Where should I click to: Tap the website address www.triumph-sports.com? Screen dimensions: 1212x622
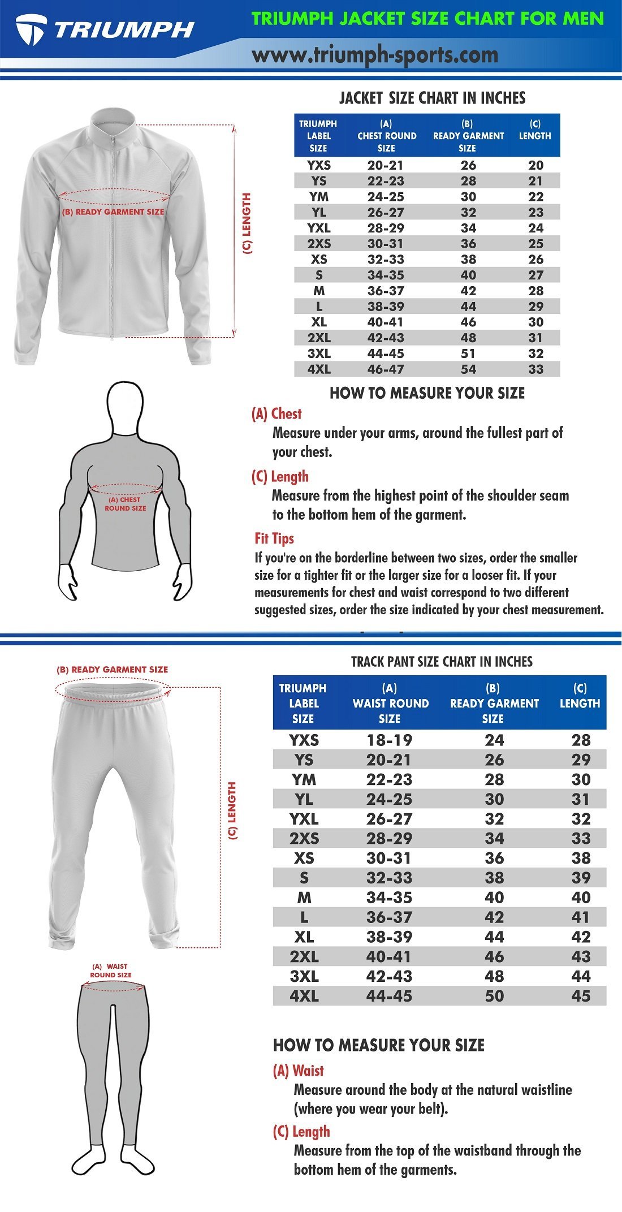tap(375, 55)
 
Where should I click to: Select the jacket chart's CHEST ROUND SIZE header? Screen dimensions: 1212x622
tap(387, 136)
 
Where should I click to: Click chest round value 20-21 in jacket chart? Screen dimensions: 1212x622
tap(385, 165)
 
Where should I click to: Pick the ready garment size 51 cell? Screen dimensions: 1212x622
tap(468, 353)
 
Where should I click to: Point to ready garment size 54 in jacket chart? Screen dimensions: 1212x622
tap(468, 369)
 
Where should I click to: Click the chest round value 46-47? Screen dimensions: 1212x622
tap(385, 369)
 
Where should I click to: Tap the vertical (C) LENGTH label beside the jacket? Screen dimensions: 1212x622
tap(247, 223)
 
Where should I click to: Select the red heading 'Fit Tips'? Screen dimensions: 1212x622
tap(274, 538)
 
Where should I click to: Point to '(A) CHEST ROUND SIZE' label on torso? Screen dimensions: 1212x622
tap(126, 504)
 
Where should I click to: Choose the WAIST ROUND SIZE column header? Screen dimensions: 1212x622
tap(390, 703)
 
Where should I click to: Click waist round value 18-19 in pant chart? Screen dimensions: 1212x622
tap(389, 740)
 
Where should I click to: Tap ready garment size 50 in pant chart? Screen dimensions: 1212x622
tap(494, 996)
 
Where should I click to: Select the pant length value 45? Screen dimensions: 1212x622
tap(580, 996)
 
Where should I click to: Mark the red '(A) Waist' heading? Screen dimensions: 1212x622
tap(298, 1071)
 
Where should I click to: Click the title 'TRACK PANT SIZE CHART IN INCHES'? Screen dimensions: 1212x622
tap(442, 661)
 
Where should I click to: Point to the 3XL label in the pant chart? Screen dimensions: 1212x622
tap(304, 976)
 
